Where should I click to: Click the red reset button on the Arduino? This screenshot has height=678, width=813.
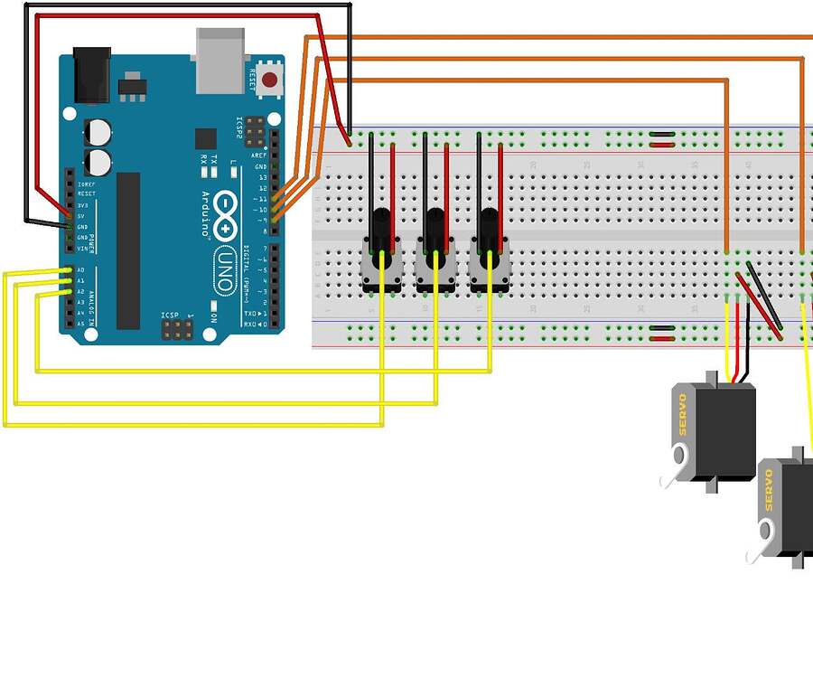click(x=269, y=79)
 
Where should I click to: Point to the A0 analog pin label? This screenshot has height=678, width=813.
click(x=80, y=270)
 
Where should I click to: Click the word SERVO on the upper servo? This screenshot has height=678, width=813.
click(x=683, y=414)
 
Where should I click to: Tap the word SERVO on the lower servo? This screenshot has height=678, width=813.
click(x=769, y=489)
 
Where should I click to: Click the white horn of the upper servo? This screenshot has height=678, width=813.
click(x=671, y=477)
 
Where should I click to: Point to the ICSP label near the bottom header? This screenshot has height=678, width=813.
click(x=169, y=315)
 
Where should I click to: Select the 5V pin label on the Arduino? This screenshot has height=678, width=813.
click(x=81, y=216)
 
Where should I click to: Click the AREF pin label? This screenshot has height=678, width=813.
click(x=260, y=155)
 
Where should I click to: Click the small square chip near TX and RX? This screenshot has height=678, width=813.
click(x=206, y=138)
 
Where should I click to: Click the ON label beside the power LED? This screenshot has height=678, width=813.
click(x=213, y=318)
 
